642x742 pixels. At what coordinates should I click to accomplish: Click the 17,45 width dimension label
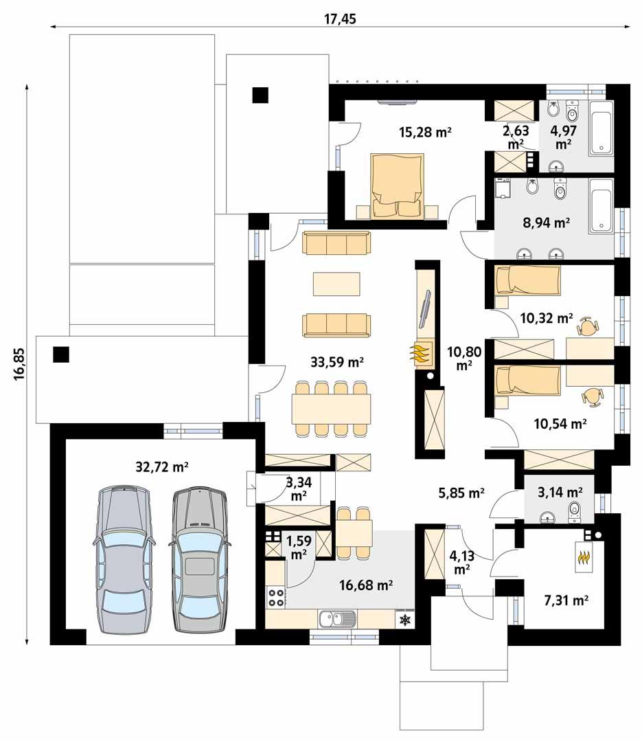click(340, 19)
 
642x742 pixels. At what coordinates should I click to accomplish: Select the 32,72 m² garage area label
click(162, 467)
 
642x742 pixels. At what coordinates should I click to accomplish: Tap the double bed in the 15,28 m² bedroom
click(396, 187)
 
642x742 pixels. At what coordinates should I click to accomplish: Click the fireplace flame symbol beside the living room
click(421, 353)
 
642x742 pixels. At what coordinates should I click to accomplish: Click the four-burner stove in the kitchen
click(276, 597)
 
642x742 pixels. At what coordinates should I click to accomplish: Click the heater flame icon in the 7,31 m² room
click(584, 557)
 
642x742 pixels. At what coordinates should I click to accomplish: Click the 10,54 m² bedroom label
click(560, 424)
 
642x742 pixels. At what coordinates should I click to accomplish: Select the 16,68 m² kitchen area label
click(366, 585)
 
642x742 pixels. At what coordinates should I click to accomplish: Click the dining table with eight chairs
click(330, 409)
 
